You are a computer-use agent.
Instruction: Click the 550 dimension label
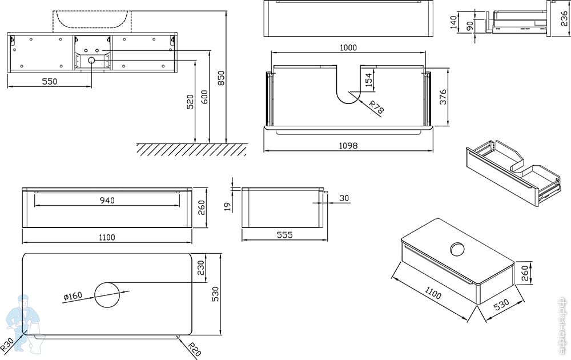click(50, 82)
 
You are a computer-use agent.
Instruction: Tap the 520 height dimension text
click(190, 102)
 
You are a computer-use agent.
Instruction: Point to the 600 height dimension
click(204, 97)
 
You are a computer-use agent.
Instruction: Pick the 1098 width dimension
click(348, 146)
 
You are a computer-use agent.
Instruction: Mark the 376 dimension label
click(442, 98)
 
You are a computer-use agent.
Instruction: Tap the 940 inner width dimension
click(107, 200)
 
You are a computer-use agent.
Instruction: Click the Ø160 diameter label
click(74, 297)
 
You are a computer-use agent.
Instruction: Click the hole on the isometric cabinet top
click(457, 249)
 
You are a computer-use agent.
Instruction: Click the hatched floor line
click(191, 149)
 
